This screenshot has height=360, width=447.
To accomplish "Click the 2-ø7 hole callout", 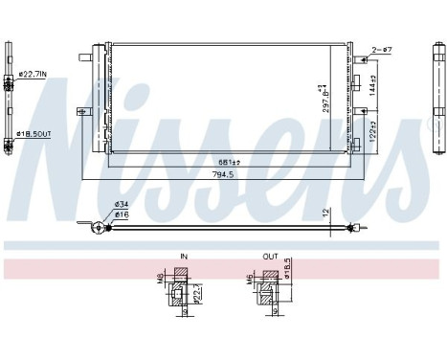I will (383, 47).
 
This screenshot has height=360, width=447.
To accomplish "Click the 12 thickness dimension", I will (326, 211).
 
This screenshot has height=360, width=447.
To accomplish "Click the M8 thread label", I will (161, 280).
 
